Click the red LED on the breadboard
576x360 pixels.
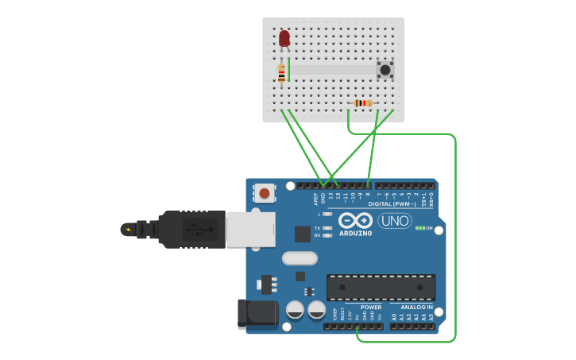pos(284,38)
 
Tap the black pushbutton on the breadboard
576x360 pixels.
pos(385,70)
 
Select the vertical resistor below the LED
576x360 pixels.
pos(281,75)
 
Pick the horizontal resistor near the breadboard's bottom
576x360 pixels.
pos(363,103)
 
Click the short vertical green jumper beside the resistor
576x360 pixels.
pos(289,69)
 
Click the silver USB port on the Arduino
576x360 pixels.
pos(250,229)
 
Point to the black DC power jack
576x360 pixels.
pos(257,312)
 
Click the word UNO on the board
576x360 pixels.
pos(395,221)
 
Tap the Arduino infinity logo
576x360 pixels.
pos(355,220)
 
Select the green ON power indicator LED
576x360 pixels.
pos(419,228)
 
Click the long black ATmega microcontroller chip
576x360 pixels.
pos(381,287)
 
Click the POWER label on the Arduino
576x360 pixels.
pos(371,307)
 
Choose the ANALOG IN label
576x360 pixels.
pos(416,307)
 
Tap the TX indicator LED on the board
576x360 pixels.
pos(327,228)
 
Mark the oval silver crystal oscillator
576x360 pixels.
pos(300,258)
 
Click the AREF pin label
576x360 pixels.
pos(315,199)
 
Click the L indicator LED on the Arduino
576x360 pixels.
pos(327,214)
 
